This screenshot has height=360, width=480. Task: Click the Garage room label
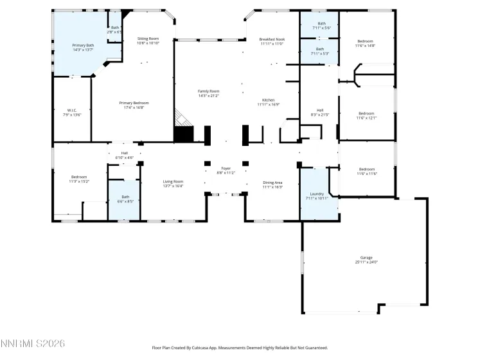[366, 258]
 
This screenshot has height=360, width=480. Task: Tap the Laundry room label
[316, 194]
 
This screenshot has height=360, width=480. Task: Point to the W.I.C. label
[72, 110]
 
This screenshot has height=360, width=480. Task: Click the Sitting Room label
[148, 39]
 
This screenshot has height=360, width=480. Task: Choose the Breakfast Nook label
[271, 39]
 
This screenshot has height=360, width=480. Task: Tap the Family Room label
[208, 91]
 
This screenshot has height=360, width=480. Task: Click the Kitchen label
[268, 100]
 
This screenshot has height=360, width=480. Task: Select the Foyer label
[226, 168]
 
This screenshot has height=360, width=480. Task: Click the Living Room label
[173, 181]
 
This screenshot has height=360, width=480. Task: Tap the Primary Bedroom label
[134, 103]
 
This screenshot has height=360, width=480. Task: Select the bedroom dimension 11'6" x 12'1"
[366, 118]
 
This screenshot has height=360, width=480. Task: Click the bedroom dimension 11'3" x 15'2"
[79, 181]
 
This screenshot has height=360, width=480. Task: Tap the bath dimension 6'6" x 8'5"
[125, 201]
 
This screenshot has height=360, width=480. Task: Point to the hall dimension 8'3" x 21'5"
[319, 114]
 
